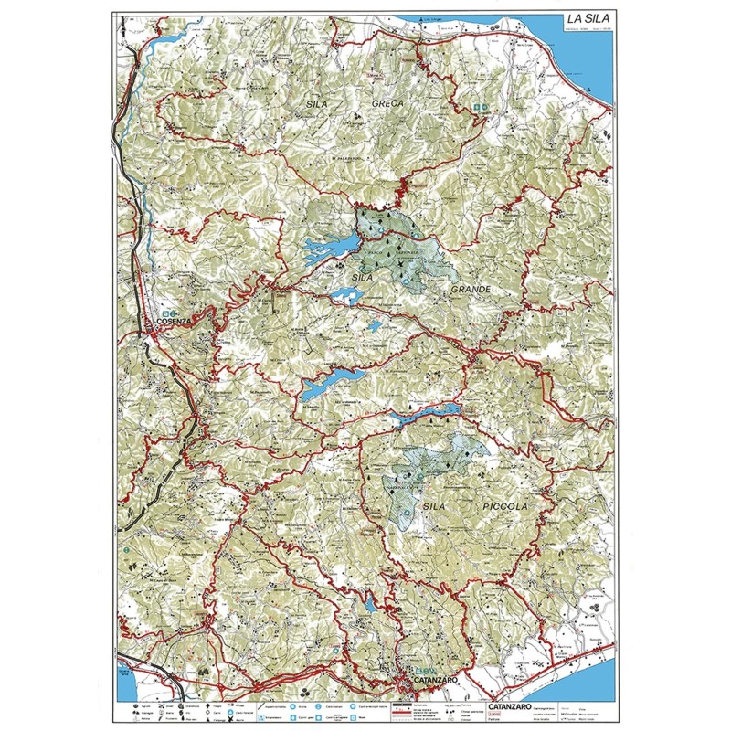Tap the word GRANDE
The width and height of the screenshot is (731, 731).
pyautogui.click(x=471, y=290)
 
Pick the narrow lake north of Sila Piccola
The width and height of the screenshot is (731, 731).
pyautogui.click(x=425, y=414)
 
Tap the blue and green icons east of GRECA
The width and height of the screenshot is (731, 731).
pyautogui.click(x=481, y=108)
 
